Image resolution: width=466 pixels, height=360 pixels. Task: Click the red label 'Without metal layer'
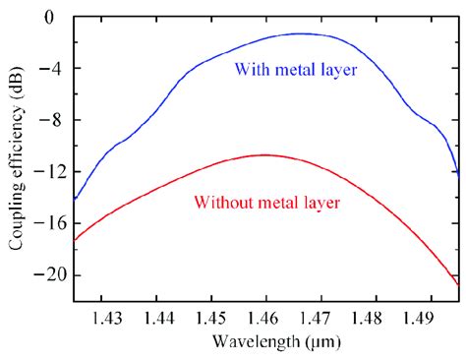click(x=267, y=204)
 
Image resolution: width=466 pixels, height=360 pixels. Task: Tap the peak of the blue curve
click(x=297, y=33)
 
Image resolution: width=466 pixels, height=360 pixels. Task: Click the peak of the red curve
click(x=264, y=154)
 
